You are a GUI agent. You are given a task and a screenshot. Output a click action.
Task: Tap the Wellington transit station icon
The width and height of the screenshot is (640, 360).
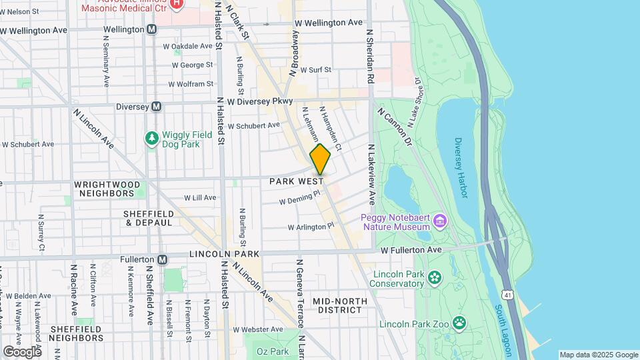(152, 29)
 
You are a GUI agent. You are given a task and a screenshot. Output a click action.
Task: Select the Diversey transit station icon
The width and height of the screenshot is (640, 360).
(157, 106)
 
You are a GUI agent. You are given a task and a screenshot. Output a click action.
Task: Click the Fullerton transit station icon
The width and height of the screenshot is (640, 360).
(162, 259)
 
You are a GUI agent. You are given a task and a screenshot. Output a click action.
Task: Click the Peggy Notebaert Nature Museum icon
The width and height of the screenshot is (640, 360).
(439, 220)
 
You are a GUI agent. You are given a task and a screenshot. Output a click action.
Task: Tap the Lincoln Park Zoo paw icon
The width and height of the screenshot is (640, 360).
(459, 323)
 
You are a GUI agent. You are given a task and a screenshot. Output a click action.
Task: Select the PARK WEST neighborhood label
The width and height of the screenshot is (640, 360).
(297, 181)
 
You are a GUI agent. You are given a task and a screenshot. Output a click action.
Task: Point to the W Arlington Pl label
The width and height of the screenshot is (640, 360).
(311, 227)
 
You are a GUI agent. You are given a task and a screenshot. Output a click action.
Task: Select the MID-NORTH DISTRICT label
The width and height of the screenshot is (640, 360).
(339, 305)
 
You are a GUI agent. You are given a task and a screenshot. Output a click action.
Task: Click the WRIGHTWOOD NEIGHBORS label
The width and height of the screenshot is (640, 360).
(103, 189)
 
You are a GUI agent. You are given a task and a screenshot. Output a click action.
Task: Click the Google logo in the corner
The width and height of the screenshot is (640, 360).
(21, 351)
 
